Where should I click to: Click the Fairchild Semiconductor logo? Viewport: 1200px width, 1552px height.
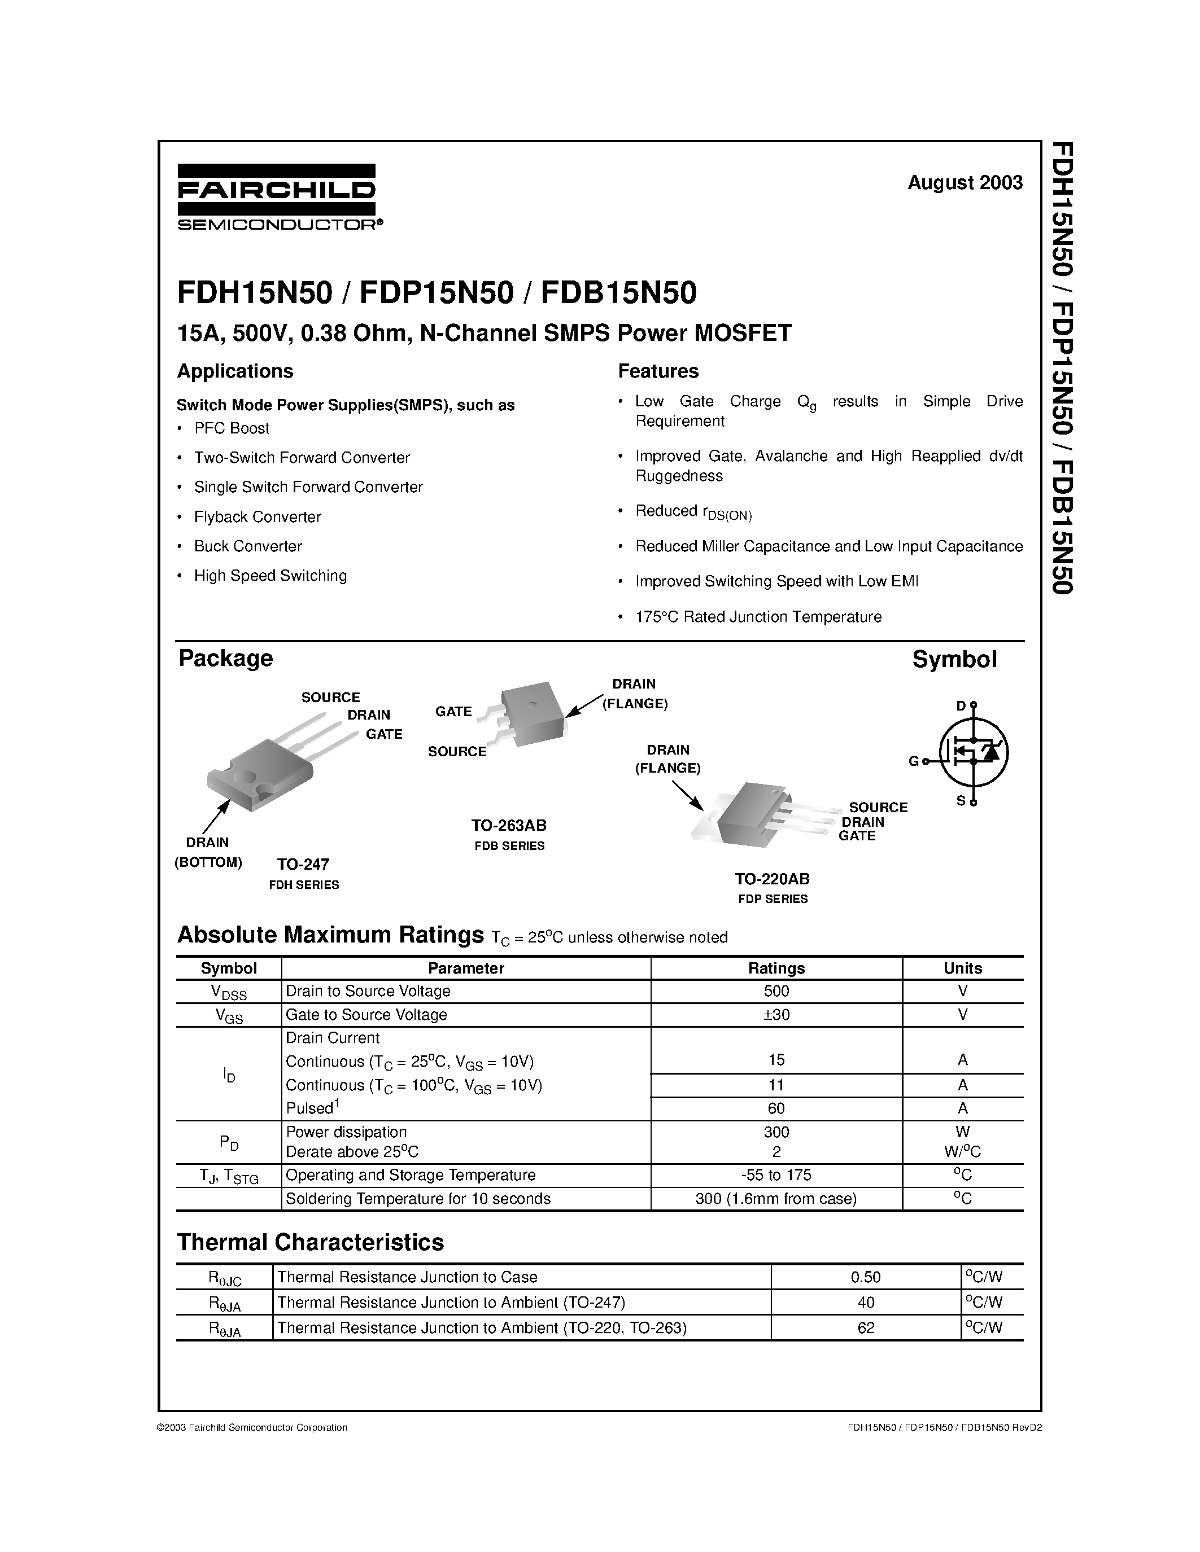point(277,197)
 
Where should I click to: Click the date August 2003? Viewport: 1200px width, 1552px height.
point(965,183)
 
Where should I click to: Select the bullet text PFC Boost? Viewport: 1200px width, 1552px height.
point(231,428)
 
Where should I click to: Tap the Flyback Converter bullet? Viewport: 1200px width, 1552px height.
point(258,516)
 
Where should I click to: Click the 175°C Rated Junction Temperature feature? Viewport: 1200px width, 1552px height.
point(758,617)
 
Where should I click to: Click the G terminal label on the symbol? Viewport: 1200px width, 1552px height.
point(914,761)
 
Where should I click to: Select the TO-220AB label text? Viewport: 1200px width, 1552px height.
point(772,879)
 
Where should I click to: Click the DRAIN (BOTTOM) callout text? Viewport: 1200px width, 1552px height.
point(208,853)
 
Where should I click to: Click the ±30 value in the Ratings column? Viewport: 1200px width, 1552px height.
point(776,1015)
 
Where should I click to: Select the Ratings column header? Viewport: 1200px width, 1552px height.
point(776,968)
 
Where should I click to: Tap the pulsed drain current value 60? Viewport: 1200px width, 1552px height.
point(776,1108)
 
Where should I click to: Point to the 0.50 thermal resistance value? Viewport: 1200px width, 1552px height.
point(865,1277)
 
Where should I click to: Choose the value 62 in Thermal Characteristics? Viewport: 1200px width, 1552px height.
point(865,1327)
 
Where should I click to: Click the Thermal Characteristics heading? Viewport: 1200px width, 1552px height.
point(310,1242)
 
